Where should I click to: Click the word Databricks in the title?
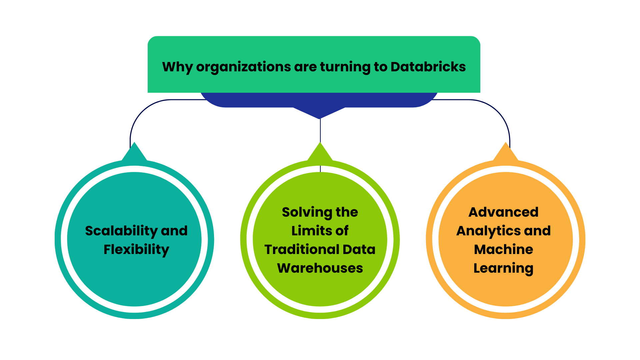click(428, 67)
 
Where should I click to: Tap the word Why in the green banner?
click(177, 67)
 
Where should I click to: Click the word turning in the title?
click(345, 67)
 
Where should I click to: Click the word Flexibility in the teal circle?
click(136, 249)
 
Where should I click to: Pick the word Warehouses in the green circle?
click(320, 268)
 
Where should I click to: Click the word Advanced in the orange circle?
click(503, 212)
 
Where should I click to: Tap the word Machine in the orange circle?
click(503, 249)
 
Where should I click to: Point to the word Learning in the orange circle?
click(503, 268)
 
